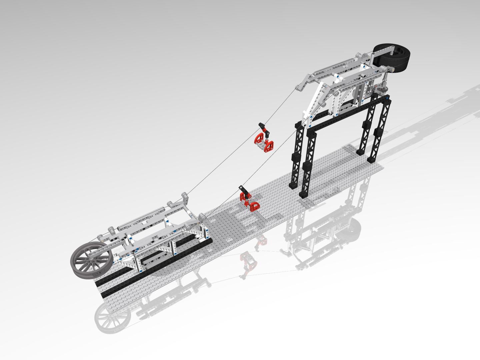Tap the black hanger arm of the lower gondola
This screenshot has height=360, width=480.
coord(244,192)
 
